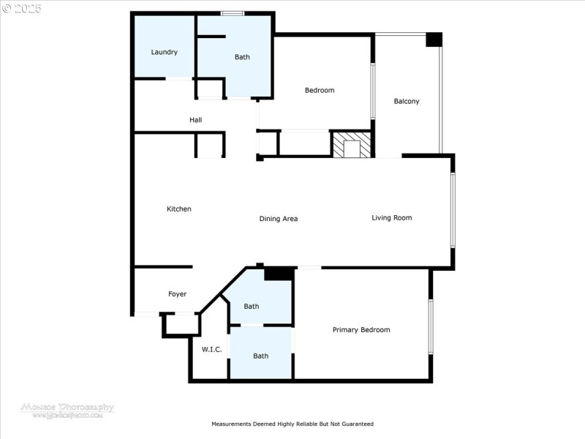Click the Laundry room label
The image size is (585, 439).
pos(165,52)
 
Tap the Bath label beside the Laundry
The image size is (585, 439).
pos(242,57)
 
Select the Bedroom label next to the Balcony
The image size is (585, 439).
pos(320,90)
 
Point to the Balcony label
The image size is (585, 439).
pos(407,101)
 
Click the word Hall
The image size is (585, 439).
pos(195,120)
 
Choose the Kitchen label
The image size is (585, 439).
pos(179,209)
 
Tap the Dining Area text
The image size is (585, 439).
pos(279,219)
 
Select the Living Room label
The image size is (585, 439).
pos(392,217)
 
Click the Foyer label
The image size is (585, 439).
pos(178,294)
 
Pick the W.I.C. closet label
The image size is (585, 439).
pos(212,350)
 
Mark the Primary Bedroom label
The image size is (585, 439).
pos(361,330)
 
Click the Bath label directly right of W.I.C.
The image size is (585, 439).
pos(260,356)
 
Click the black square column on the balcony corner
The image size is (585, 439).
pos(434,40)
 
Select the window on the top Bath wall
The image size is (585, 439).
pos(233,12)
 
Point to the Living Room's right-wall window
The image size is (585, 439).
pos(453,210)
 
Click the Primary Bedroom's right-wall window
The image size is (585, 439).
pos(431,326)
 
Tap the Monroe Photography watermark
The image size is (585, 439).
pos(67,410)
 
